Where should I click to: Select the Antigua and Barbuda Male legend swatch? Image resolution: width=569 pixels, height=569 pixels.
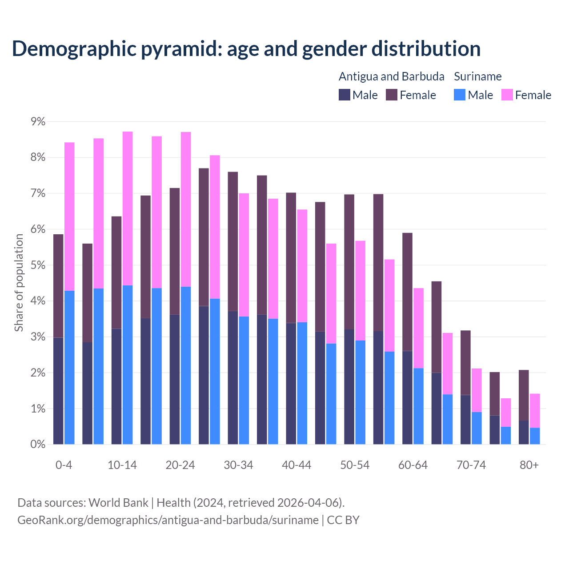pos(345,95)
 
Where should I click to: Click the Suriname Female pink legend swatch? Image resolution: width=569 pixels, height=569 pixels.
pos(507,95)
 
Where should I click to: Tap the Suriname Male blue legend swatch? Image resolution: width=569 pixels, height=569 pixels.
pos(460,95)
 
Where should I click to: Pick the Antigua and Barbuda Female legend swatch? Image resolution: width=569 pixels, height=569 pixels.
pos(392,95)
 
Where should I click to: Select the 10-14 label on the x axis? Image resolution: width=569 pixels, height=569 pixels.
pos(122,465)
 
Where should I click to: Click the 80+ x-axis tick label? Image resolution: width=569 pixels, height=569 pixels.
pos(529,465)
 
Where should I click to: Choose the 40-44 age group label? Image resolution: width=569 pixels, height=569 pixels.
pos(297,465)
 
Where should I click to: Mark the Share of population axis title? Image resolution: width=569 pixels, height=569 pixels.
pos(19,283)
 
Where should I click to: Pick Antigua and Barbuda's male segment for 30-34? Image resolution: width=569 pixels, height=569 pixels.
pos(232,378)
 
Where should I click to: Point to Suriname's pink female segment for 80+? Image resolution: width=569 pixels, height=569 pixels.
pos(535,411)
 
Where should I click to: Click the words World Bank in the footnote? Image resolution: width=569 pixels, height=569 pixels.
pos(118,503)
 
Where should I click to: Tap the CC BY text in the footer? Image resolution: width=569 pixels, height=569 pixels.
pos(343,520)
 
